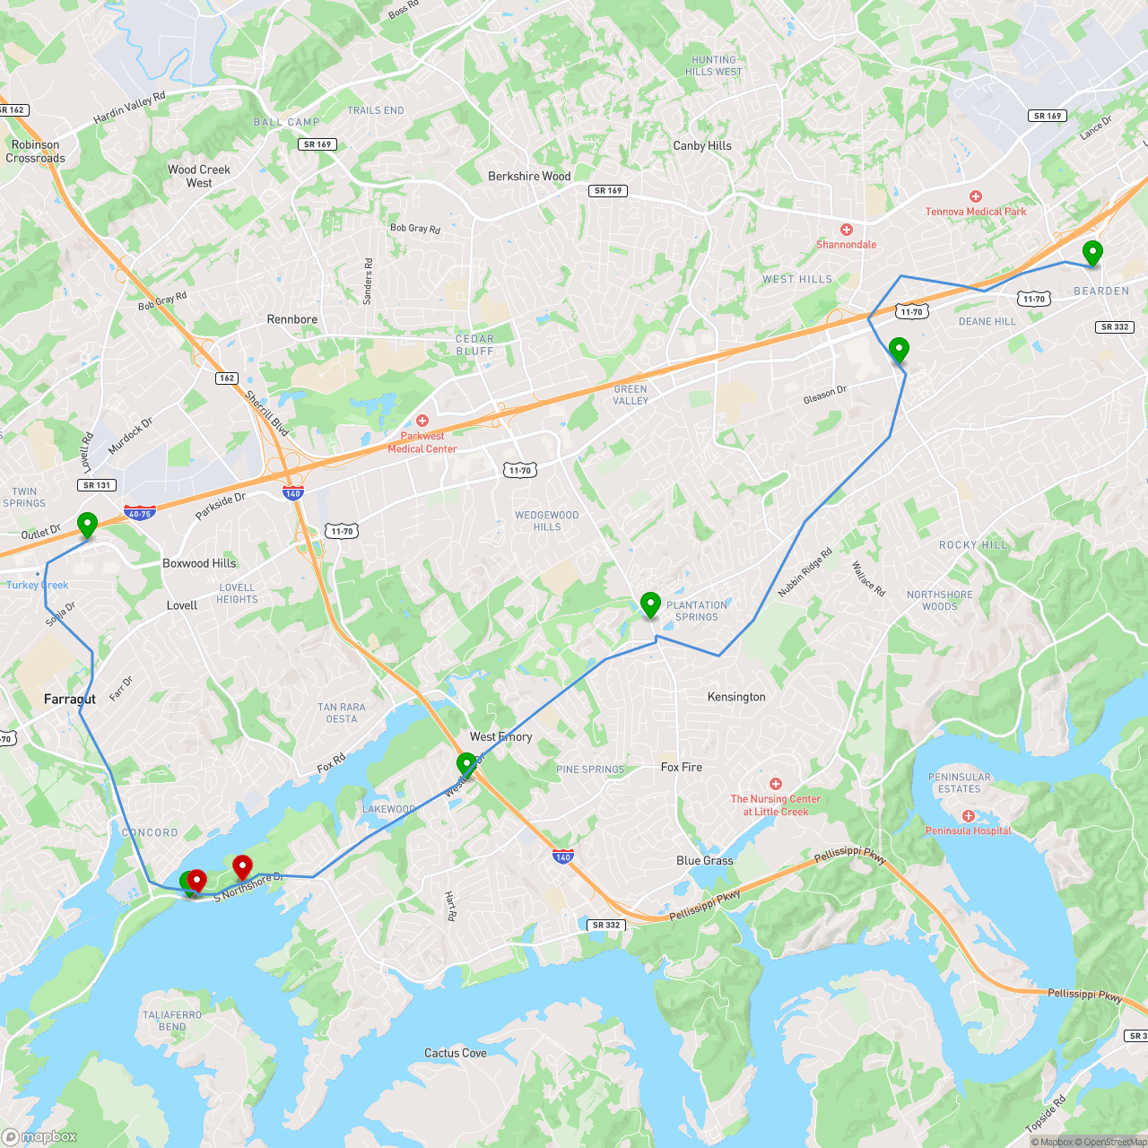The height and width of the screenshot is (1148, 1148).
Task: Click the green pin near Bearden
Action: tap(1092, 253)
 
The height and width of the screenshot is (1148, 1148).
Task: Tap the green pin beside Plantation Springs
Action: tap(650, 604)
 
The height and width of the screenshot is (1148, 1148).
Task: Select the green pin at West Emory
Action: tap(466, 765)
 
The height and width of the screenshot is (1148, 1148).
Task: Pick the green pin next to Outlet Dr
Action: tap(87, 525)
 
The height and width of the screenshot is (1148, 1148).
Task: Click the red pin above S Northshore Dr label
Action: tap(242, 867)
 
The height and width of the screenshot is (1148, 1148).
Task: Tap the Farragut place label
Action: tap(70, 699)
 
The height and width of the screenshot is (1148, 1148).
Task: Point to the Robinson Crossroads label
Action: tap(36, 152)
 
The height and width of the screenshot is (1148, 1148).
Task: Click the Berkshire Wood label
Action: tap(529, 177)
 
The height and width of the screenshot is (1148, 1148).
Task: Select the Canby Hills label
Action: tap(702, 146)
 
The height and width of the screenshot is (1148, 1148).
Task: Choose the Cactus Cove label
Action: tap(456, 1053)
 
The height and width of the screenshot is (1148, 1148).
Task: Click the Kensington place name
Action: tap(736, 697)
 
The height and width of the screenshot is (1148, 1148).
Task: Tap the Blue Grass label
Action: tap(705, 861)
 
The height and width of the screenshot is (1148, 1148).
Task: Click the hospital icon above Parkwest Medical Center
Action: tap(422, 421)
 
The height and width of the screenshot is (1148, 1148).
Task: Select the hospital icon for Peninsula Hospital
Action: tap(969, 816)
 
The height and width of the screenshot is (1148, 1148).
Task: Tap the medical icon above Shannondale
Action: tap(846, 230)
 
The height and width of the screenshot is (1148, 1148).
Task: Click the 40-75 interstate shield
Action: tap(140, 513)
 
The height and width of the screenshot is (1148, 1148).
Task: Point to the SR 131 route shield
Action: tap(97, 485)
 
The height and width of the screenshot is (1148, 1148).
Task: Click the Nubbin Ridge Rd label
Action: tap(804, 573)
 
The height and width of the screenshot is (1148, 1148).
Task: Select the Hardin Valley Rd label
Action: tap(130, 108)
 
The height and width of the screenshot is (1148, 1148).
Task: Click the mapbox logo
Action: tap(39, 1136)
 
